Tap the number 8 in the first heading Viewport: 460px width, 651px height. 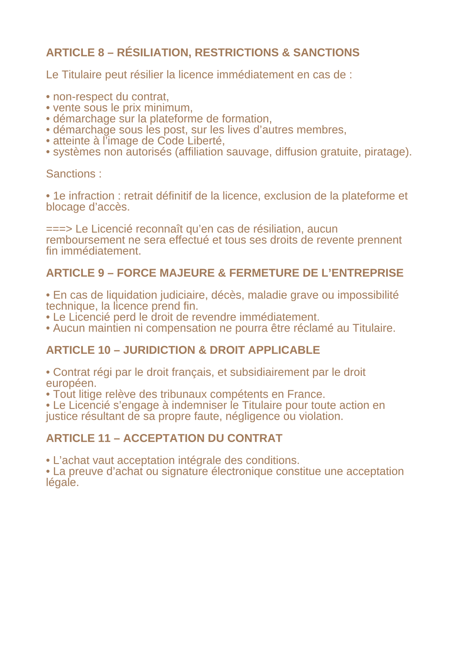[x=101, y=53]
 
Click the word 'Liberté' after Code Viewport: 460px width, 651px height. [x=205, y=141]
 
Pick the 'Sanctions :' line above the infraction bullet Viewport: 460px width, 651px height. [x=74, y=174]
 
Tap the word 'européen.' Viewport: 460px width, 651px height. [x=71, y=383]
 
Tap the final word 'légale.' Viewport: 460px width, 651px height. [x=62, y=482]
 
